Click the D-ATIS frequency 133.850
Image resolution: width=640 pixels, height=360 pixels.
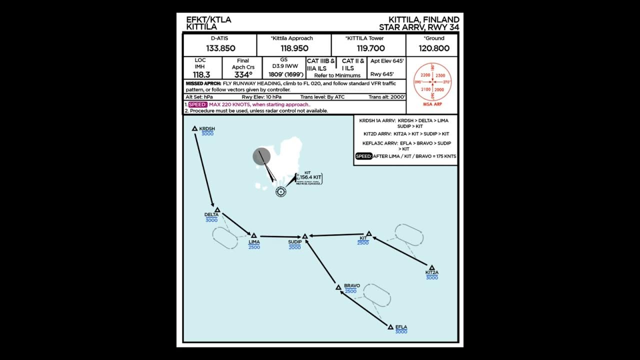[x=220, y=48]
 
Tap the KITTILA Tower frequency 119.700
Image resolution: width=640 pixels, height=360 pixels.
[x=370, y=48]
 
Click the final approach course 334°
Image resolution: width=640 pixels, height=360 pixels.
[x=243, y=75]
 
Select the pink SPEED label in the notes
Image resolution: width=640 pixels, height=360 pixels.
[x=197, y=104]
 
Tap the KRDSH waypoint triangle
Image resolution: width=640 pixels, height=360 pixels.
[x=195, y=128]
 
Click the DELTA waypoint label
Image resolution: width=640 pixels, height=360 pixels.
[x=211, y=215]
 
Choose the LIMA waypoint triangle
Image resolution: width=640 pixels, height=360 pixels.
[x=253, y=235]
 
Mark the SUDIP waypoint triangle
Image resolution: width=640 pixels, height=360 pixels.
[x=305, y=236]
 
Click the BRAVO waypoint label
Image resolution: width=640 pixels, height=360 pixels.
[x=351, y=286]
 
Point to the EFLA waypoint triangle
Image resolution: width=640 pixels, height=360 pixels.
[x=390, y=327]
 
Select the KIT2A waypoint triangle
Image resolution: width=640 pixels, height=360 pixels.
[x=431, y=268]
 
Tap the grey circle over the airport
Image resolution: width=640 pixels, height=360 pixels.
[x=261, y=156]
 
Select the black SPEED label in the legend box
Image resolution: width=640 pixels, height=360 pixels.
[x=363, y=156]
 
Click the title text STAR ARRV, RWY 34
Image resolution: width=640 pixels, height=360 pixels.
[x=418, y=27]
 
